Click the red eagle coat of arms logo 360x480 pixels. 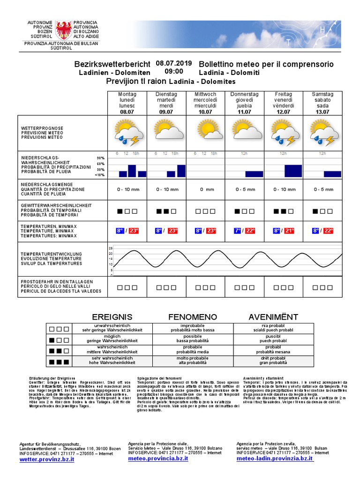(64, 30)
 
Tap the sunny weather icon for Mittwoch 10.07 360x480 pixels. (205, 129)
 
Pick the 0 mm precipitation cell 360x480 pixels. (205, 189)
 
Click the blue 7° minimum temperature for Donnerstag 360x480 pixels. (238, 231)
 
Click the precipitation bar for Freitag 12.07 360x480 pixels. (293, 171)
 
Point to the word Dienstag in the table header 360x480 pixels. (166, 95)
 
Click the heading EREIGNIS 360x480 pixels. (112, 317)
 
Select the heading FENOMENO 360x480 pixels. (193, 317)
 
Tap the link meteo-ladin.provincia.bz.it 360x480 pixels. (275, 459)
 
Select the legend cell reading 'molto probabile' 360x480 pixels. (192, 358)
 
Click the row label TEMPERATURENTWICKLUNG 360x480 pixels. (52, 254)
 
